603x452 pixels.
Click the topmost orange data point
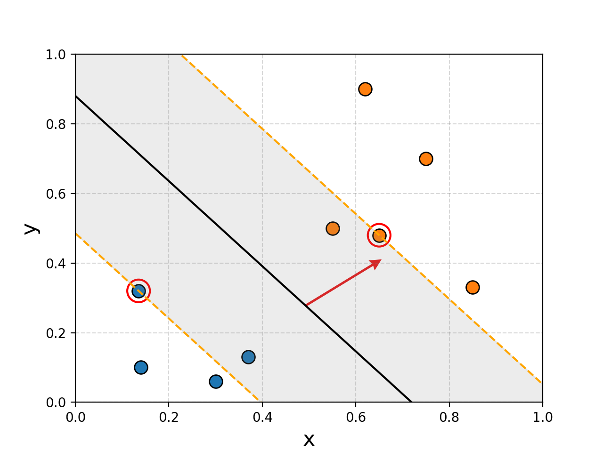[x=365, y=89]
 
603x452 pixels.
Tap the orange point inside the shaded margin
[x=333, y=229]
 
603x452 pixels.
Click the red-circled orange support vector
[x=379, y=235]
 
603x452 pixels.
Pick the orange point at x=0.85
[x=473, y=287]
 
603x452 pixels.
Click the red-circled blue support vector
[x=139, y=291]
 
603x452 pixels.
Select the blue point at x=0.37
[x=248, y=357]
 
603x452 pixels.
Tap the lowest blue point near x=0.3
[x=216, y=381]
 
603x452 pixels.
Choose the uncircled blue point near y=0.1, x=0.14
[x=141, y=367]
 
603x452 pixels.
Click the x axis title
[x=309, y=440]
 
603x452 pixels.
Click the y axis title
[x=31, y=228]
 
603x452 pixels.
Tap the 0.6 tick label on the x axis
[x=356, y=417]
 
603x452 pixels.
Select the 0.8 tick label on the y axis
[x=55, y=124]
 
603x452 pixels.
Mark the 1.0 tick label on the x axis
[x=543, y=417]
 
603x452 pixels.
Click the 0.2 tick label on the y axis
[x=55, y=333]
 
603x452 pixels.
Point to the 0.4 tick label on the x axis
[x=262, y=417]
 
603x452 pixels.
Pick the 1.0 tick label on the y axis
[x=55, y=55]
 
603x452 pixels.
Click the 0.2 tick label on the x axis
[x=169, y=417]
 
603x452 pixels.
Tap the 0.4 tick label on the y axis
[x=55, y=264]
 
